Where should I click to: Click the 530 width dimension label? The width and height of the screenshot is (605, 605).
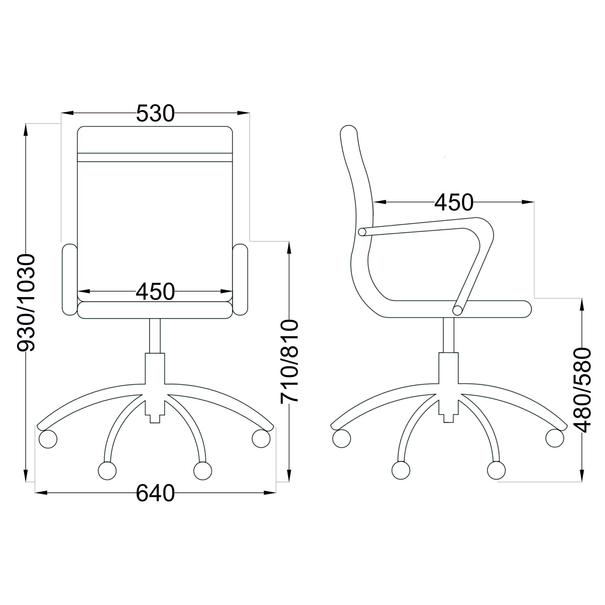155,113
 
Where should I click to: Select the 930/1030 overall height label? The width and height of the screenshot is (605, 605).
26,303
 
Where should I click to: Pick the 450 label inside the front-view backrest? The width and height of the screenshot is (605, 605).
155,291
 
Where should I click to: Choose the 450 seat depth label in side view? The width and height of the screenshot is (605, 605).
454,202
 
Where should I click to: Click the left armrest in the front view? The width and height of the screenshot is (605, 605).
70,279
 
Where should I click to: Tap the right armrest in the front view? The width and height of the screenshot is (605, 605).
240,279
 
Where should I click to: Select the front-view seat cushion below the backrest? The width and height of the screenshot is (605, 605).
155,310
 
